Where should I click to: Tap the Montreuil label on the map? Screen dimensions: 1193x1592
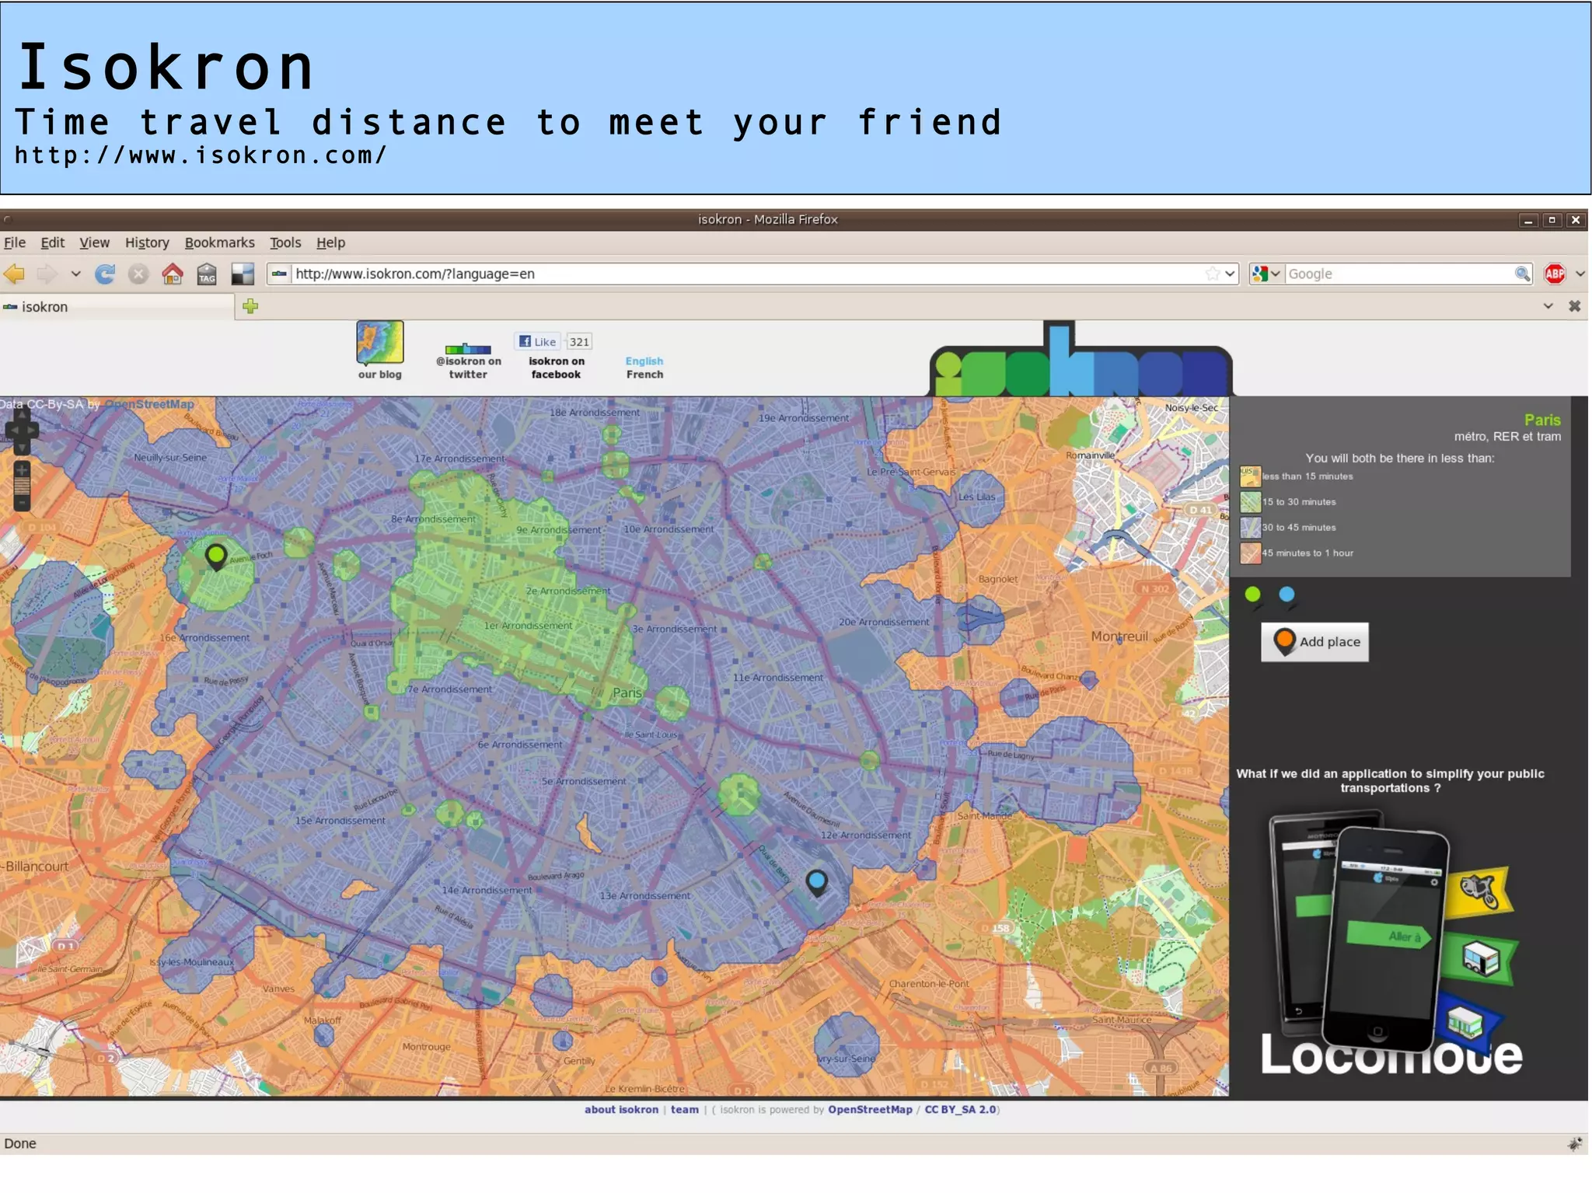(x=1119, y=637)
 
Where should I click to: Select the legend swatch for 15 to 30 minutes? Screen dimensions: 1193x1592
(x=1250, y=502)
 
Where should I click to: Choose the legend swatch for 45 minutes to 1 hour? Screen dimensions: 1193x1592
(x=1250, y=553)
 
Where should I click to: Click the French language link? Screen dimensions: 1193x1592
(x=644, y=375)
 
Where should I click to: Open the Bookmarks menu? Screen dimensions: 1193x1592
(x=219, y=243)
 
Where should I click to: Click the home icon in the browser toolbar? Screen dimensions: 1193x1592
(x=173, y=274)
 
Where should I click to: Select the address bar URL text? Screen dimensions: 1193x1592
(x=415, y=274)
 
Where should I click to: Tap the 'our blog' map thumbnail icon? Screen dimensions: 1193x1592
(x=380, y=343)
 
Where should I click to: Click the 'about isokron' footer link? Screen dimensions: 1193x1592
(x=621, y=1110)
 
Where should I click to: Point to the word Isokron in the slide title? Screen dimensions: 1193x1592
(x=166, y=68)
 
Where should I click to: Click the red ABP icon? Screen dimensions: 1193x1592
(x=1555, y=274)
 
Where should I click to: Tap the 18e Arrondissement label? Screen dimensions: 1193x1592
(x=595, y=413)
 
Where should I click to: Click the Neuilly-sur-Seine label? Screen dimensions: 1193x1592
(x=170, y=458)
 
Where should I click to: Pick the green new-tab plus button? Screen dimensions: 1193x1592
(x=250, y=306)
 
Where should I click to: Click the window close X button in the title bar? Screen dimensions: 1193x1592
(x=1575, y=220)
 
